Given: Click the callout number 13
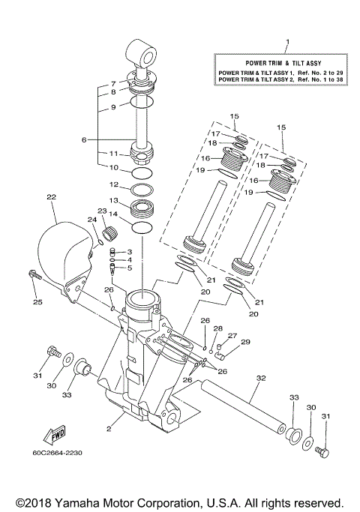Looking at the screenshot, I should click(x=114, y=200).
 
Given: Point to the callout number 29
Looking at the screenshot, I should click(x=244, y=342).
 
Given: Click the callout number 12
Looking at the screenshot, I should click(x=114, y=184).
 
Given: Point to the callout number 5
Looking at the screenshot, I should click(x=129, y=268).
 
